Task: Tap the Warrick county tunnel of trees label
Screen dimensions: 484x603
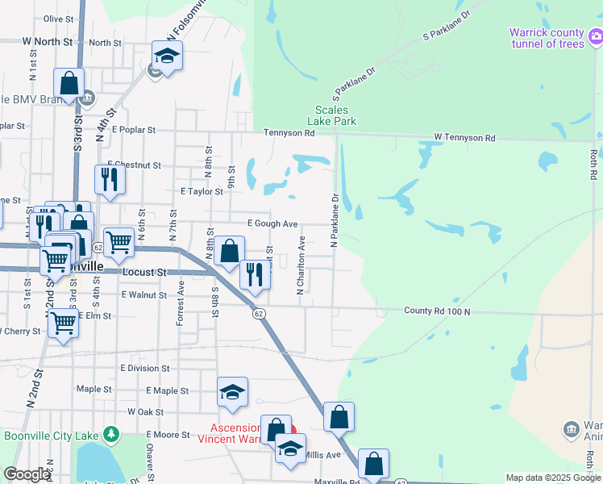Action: coord(546,38)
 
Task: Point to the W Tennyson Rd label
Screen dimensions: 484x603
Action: coord(464,138)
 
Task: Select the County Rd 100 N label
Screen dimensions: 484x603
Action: coord(437,311)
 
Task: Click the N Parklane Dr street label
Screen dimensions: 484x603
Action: coord(332,219)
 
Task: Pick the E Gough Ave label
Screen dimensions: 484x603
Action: coord(272,223)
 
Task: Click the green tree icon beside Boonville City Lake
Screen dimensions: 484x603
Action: coord(111,436)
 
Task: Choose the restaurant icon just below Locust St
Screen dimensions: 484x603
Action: coord(255,274)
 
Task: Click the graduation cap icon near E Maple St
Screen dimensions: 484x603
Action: coord(232,392)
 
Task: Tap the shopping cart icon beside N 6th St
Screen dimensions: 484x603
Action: coord(119,241)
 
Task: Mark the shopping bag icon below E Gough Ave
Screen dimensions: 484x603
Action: coord(230,250)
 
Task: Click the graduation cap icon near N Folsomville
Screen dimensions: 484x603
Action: coord(167,56)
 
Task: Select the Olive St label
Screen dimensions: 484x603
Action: coord(58,19)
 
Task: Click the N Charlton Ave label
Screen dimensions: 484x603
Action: coord(301,265)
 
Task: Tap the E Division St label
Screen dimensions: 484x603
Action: coord(144,368)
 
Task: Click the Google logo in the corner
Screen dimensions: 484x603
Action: coord(27,474)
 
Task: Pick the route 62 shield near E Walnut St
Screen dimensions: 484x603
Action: coord(258,313)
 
